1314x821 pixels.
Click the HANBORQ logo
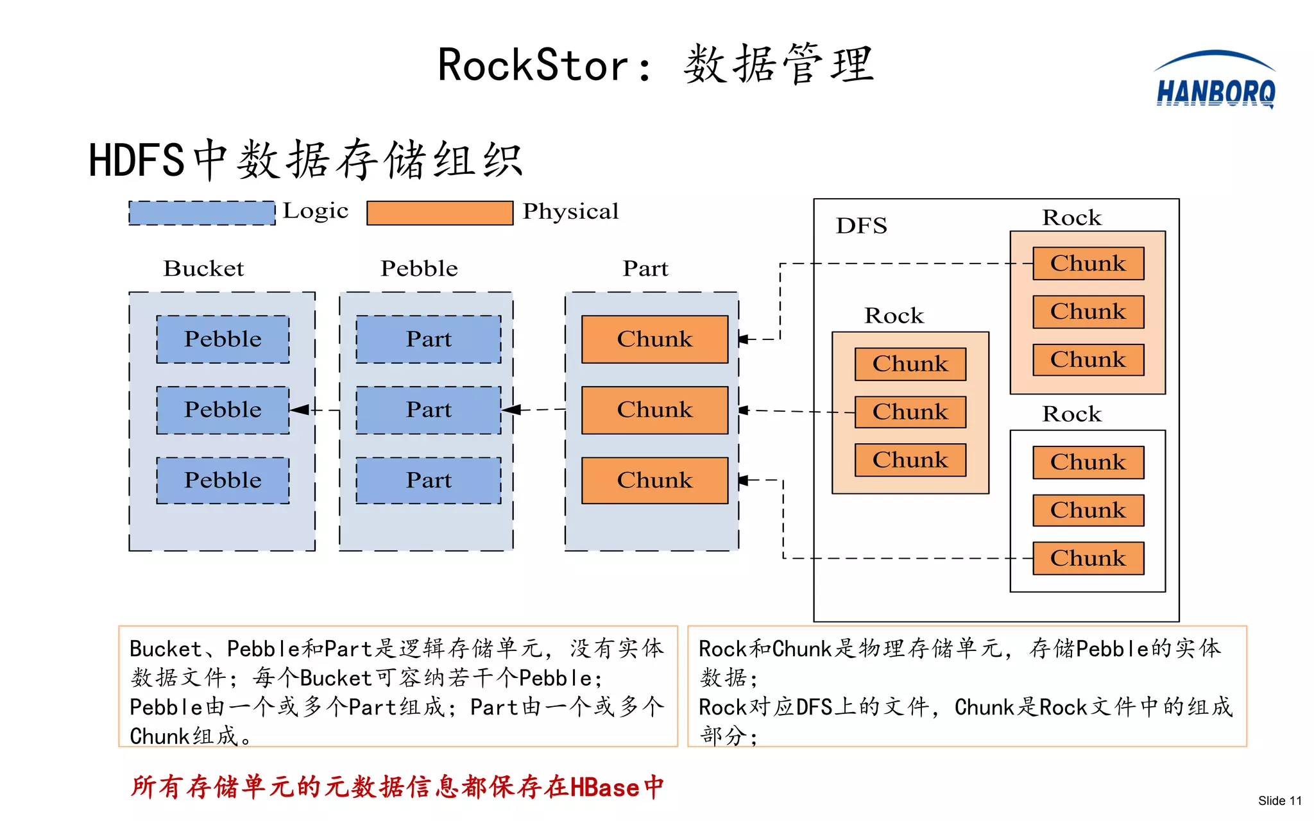(x=1215, y=82)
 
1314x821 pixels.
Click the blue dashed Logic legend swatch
(x=201, y=213)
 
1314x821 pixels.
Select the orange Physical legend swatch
(x=439, y=213)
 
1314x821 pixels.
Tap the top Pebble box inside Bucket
(x=223, y=339)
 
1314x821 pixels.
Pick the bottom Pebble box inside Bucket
(x=223, y=480)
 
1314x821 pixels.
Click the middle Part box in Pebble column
(x=429, y=410)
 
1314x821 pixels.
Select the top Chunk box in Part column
(x=654, y=339)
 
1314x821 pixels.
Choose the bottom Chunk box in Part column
(x=654, y=480)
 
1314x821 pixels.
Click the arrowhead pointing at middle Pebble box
(x=299, y=410)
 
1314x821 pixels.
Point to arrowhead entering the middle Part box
(x=511, y=410)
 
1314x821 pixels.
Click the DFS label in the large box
(x=861, y=226)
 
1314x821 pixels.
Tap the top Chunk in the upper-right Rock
(x=1088, y=264)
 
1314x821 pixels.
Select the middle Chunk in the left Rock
(x=910, y=412)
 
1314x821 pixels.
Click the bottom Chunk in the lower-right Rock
(x=1088, y=558)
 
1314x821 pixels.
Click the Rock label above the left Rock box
(x=894, y=316)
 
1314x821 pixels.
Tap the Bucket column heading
(x=203, y=268)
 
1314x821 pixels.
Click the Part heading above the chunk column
(x=645, y=268)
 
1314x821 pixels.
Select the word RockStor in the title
(x=533, y=65)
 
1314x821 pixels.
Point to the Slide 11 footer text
(x=1279, y=800)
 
